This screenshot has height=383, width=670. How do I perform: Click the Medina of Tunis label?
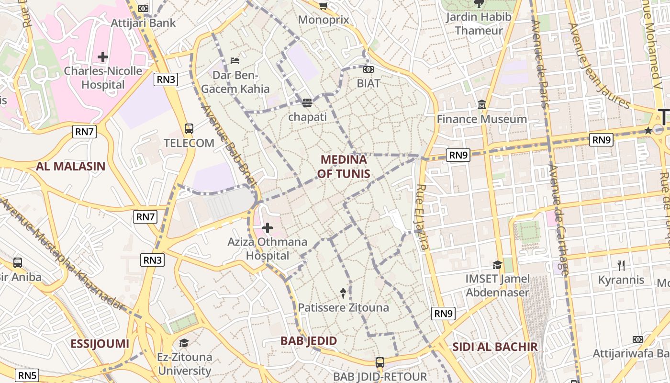[344, 167]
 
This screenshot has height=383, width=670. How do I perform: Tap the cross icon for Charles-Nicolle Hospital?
[103, 57]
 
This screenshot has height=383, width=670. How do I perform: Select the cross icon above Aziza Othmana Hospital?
[268, 228]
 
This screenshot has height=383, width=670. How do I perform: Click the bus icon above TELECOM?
[189, 129]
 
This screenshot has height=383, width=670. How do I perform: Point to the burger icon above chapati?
[307, 102]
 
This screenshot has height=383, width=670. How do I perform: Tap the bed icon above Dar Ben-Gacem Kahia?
[235, 61]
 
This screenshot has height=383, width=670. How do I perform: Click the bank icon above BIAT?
[368, 69]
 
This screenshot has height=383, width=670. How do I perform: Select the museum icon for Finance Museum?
[481, 105]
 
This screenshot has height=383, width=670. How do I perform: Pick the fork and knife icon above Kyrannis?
[621, 265]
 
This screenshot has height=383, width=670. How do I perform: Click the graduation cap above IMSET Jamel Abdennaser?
[498, 265]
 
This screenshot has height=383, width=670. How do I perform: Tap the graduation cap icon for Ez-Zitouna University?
[184, 343]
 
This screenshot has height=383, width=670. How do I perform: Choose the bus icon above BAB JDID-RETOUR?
[380, 362]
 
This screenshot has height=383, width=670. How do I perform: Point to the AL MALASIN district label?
[70, 167]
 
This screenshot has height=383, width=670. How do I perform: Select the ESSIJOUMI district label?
[100, 344]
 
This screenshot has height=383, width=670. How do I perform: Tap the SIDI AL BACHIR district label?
[495, 347]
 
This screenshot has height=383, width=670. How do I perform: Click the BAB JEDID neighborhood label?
[309, 341]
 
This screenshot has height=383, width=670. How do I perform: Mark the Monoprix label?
[324, 20]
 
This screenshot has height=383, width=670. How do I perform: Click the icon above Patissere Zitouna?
[343, 292]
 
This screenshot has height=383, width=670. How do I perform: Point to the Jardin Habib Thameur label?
[479, 23]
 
